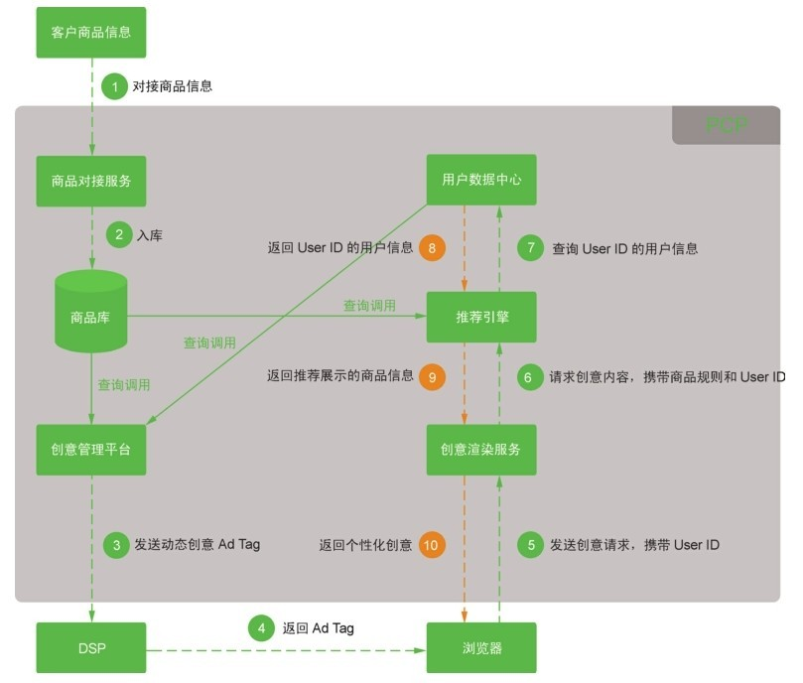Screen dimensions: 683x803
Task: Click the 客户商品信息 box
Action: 91,33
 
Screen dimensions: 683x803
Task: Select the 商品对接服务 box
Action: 91,181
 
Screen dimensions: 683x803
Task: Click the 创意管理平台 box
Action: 91,450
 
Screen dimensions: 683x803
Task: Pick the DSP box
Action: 91,648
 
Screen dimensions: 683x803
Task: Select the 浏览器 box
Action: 481,648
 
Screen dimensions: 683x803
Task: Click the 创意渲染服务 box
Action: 481,450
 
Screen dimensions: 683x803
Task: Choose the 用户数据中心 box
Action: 481,181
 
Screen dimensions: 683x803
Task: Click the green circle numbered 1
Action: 114,86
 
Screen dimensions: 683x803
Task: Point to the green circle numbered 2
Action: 119,235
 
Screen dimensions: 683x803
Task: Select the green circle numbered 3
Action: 116,544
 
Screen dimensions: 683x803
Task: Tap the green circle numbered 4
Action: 261,628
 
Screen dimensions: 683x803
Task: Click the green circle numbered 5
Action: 531,544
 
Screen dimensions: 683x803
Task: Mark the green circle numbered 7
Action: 532,248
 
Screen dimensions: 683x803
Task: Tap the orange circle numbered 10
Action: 431,545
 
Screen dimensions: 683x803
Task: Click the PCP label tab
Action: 726,125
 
